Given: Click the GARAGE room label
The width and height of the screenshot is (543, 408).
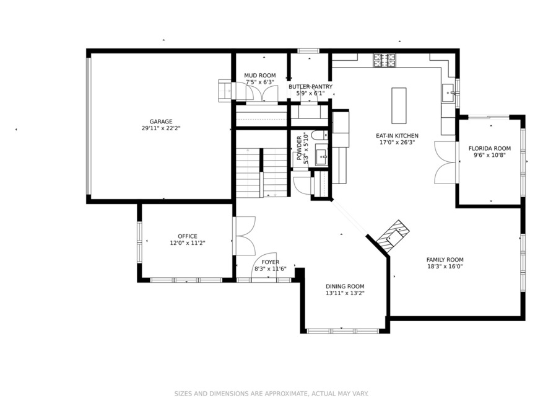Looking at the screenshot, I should click(x=160, y=122).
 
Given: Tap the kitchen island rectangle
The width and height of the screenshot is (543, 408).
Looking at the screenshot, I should click(x=399, y=105).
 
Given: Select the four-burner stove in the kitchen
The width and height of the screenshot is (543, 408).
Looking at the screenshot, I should click(x=384, y=60).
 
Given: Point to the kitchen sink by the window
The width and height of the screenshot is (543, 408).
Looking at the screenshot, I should click(x=449, y=94).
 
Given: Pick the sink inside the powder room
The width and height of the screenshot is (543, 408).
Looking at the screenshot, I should click(x=320, y=156).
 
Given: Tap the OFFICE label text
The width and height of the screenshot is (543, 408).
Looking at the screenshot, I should click(x=187, y=236).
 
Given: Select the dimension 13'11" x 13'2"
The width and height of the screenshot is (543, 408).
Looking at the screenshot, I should click(x=345, y=293).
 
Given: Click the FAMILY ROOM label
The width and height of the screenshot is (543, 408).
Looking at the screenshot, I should click(x=445, y=260).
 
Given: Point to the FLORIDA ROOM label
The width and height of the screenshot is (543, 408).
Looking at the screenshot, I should click(x=489, y=148).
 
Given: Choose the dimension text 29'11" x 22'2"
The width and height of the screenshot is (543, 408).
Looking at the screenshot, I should click(x=160, y=128).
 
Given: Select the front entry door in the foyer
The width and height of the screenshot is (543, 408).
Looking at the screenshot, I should click(x=266, y=263).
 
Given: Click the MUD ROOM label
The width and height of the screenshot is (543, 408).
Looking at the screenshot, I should click(x=259, y=76).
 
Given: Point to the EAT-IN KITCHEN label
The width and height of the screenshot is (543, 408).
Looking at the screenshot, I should click(x=397, y=136).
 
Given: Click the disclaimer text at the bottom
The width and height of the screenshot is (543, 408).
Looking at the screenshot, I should click(x=271, y=393).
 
